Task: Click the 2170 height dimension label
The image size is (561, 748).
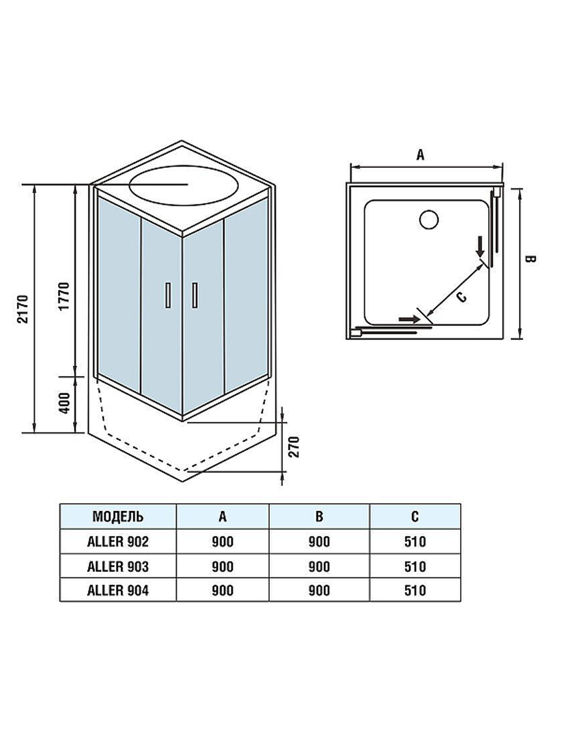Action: (x=22, y=309)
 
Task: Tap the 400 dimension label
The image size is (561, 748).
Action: (x=64, y=403)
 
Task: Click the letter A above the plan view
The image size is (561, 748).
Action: (x=420, y=155)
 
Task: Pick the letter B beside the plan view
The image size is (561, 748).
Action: (x=530, y=259)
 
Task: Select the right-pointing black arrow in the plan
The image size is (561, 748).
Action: (x=408, y=319)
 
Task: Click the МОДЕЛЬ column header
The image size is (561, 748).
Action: (x=118, y=516)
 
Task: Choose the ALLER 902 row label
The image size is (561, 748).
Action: (x=118, y=542)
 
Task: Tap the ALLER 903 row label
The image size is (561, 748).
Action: (x=118, y=566)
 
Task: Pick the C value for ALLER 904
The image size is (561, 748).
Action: (x=415, y=590)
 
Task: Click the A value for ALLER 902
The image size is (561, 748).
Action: (x=223, y=542)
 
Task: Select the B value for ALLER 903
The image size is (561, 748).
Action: (x=319, y=566)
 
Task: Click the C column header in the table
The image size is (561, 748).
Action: (x=415, y=516)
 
